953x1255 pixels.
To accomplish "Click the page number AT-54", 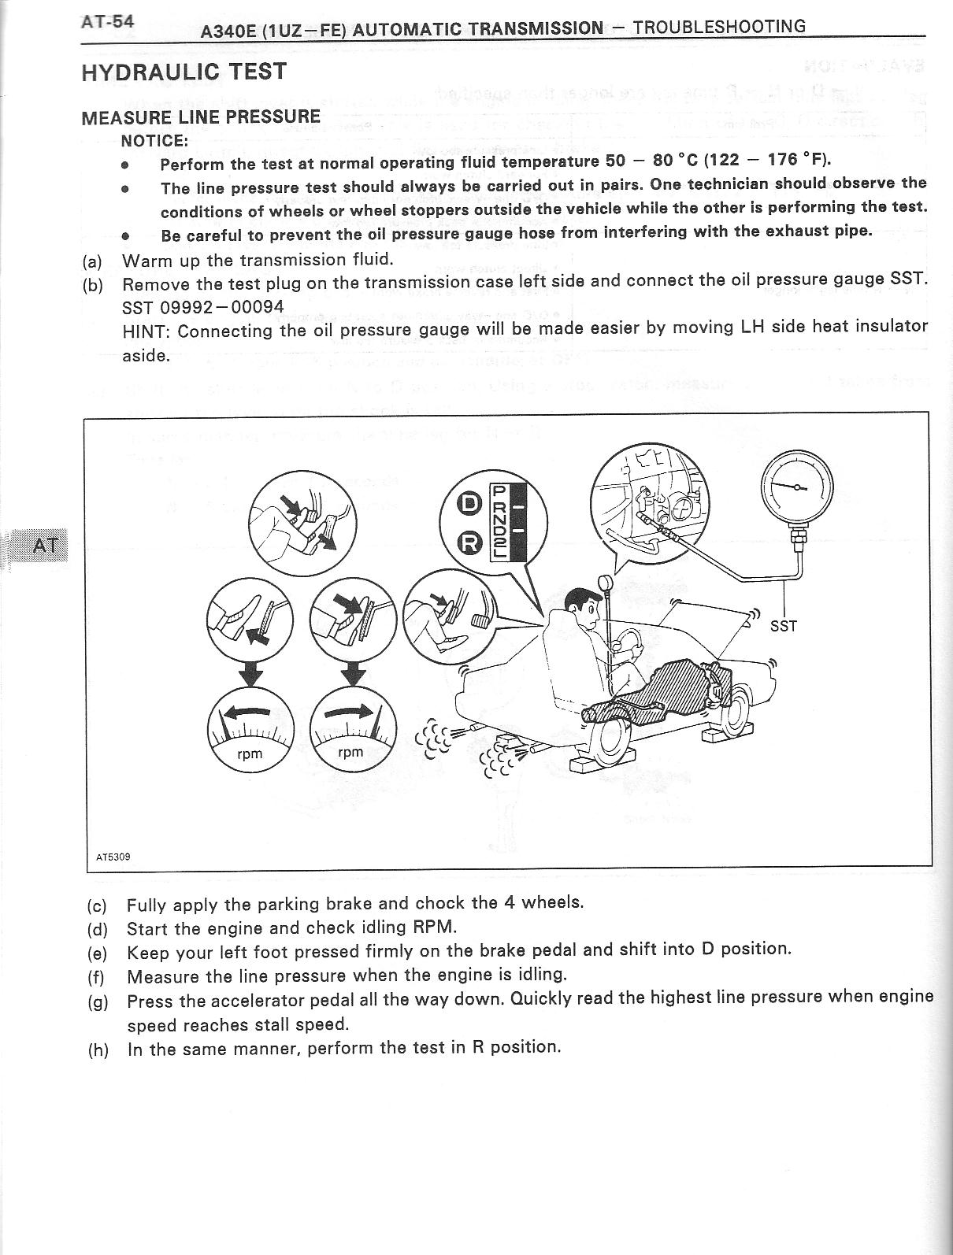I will click(107, 21).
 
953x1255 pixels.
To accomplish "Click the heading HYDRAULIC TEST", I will click(184, 72).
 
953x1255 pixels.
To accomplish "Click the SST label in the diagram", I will click(783, 626).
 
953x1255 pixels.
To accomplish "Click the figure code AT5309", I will click(113, 857).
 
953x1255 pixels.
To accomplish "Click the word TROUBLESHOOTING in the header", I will click(719, 27).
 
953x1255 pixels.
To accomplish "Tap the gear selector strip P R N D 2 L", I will click(499, 522).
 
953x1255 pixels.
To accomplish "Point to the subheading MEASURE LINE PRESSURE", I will click(201, 117).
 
